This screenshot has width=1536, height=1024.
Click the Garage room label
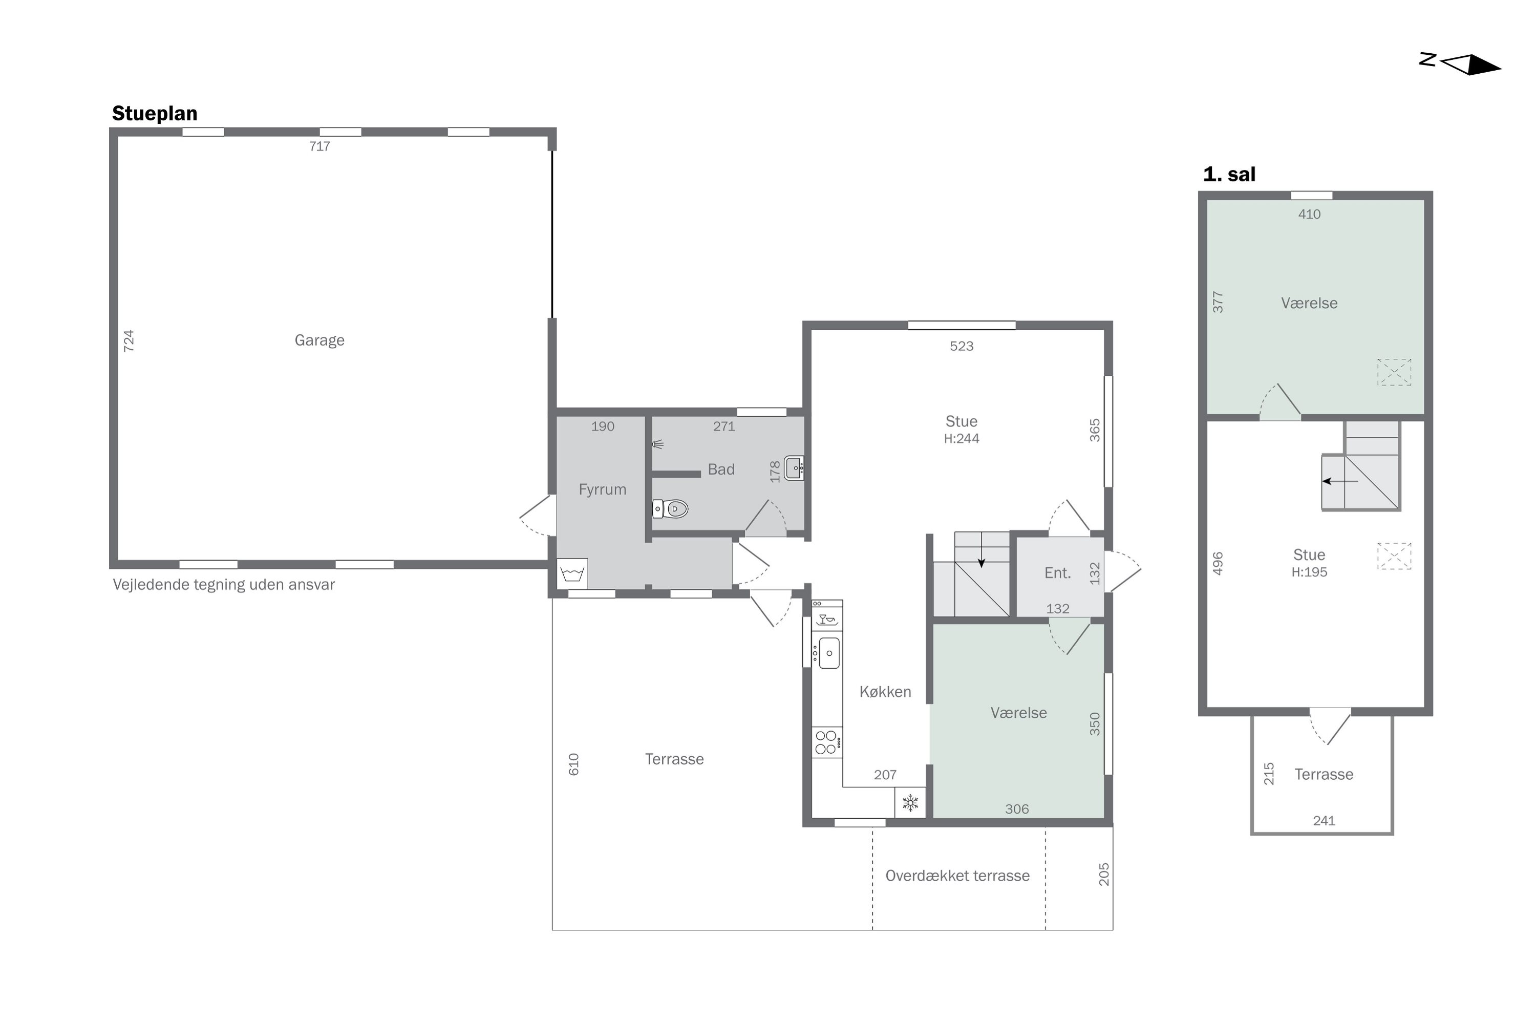(x=319, y=340)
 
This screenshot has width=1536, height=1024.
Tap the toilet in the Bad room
(x=671, y=508)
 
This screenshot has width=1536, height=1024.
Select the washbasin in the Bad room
(x=794, y=467)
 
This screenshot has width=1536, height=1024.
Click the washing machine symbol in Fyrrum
(x=572, y=574)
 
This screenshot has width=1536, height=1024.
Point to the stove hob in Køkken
(x=827, y=742)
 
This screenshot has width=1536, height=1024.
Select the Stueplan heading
(x=155, y=114)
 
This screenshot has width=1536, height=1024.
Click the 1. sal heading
(x=1229, y=175)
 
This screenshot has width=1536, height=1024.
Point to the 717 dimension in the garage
(x=319, y=146)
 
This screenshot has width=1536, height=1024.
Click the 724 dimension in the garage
(x=129, y=341)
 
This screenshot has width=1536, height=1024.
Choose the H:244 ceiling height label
(x=962, y=439)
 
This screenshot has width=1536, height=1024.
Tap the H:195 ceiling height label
(x=1309, y=572)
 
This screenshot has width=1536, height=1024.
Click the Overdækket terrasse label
(x=957, y=876)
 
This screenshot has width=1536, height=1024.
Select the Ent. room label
(x=1057, y=573)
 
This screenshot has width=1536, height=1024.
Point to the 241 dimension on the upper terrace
(x=1324, y=821)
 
